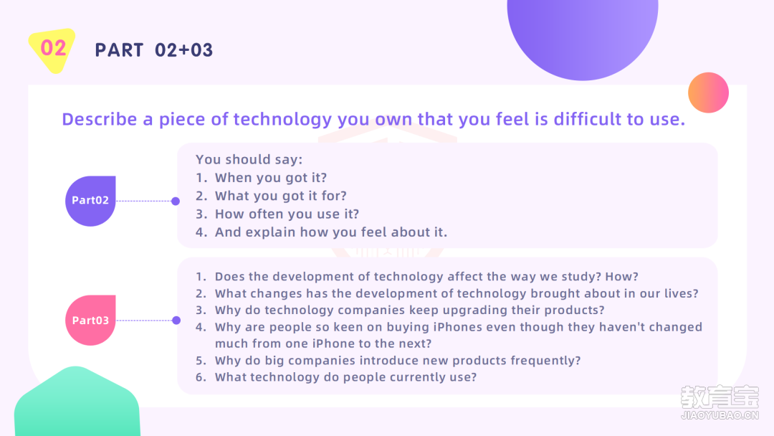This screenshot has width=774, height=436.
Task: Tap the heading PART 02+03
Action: coord(153,50)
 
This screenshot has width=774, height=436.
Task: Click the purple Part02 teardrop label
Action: coord(90,201)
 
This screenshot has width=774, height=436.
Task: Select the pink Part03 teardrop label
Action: coord(90,320)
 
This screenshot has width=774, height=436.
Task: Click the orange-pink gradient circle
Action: coord(708,93)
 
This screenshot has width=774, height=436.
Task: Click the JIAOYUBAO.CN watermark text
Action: coord(720,415)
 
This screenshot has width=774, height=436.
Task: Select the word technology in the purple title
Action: coord(282,120)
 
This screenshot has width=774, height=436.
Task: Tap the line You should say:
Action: coord(249,159)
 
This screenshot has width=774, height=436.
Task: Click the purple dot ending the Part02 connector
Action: coord(176,201)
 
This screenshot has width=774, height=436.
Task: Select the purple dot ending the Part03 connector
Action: coord(176,320)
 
